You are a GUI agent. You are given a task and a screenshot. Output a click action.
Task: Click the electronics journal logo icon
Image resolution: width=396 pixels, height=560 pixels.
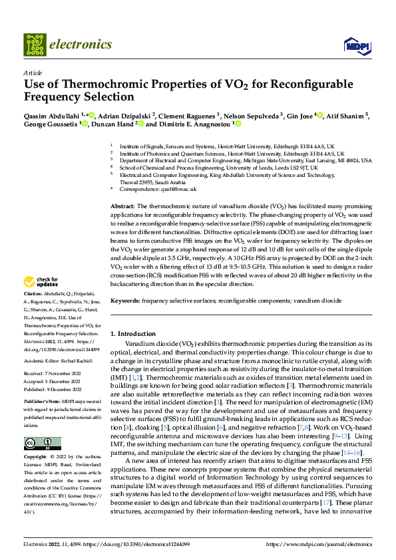(x=35, y=45)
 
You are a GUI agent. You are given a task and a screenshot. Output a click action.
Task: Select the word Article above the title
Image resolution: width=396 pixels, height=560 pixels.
(x=33, y=72)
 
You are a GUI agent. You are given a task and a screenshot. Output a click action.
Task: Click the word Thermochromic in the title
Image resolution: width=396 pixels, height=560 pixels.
(x=101, y=84)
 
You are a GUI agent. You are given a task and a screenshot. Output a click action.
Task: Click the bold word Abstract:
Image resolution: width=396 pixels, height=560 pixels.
(x=122, y=208)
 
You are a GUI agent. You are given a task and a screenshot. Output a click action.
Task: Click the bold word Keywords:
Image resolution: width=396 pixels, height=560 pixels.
(x=125, y=301)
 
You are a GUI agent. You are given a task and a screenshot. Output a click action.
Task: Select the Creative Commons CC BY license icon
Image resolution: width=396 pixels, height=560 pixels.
(x=42, y=444)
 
